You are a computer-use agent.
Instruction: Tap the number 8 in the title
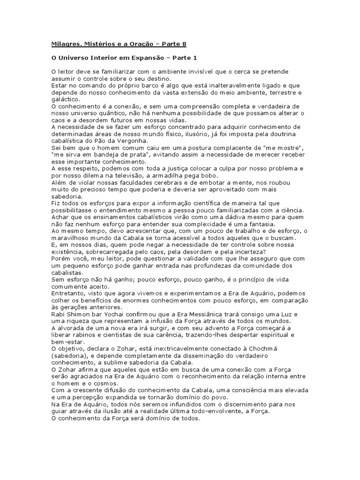tap(184, 44)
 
